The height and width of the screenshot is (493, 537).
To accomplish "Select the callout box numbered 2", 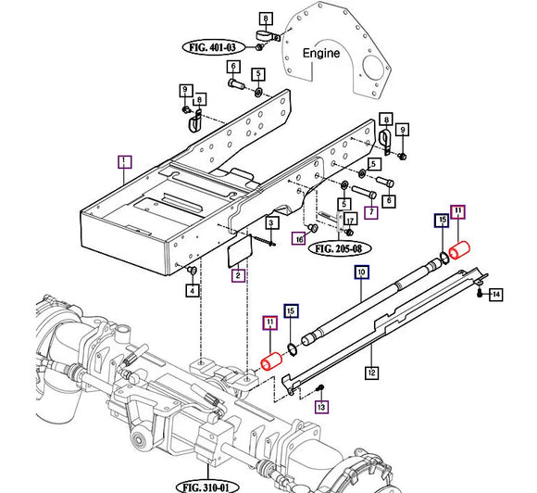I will coord(239,275).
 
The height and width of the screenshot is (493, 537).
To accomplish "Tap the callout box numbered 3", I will coord(271,222).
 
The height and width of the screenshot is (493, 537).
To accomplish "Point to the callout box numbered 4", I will coord(192,291).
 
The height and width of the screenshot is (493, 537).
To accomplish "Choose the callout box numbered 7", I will coord(370,212).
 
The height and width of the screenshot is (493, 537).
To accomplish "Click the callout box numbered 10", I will coord(361,272).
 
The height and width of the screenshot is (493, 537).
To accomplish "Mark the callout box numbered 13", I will coord(321,407).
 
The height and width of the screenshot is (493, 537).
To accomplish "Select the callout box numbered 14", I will coord(496,295).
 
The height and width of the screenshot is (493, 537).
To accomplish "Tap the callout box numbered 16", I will coord(299,238).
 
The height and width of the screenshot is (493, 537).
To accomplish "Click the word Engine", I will coord(321,54).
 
